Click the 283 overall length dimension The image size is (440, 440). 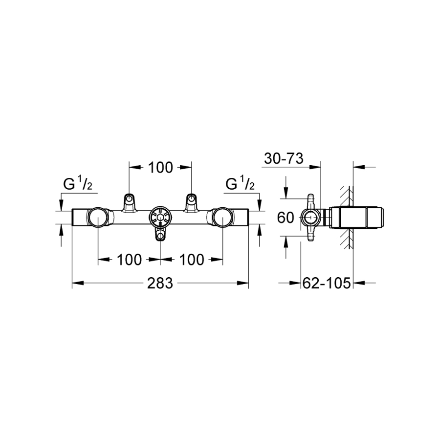pos(160,283)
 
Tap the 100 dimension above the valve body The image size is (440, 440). pos(160,168)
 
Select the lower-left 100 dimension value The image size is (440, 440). pos(129,260)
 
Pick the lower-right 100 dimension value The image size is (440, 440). pos(192,260)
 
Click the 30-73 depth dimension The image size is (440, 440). pos(284,158)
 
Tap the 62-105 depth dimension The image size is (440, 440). pos(327,283)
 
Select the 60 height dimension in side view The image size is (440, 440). pos(286,218)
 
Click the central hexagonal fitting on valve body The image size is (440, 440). pos(160,217)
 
